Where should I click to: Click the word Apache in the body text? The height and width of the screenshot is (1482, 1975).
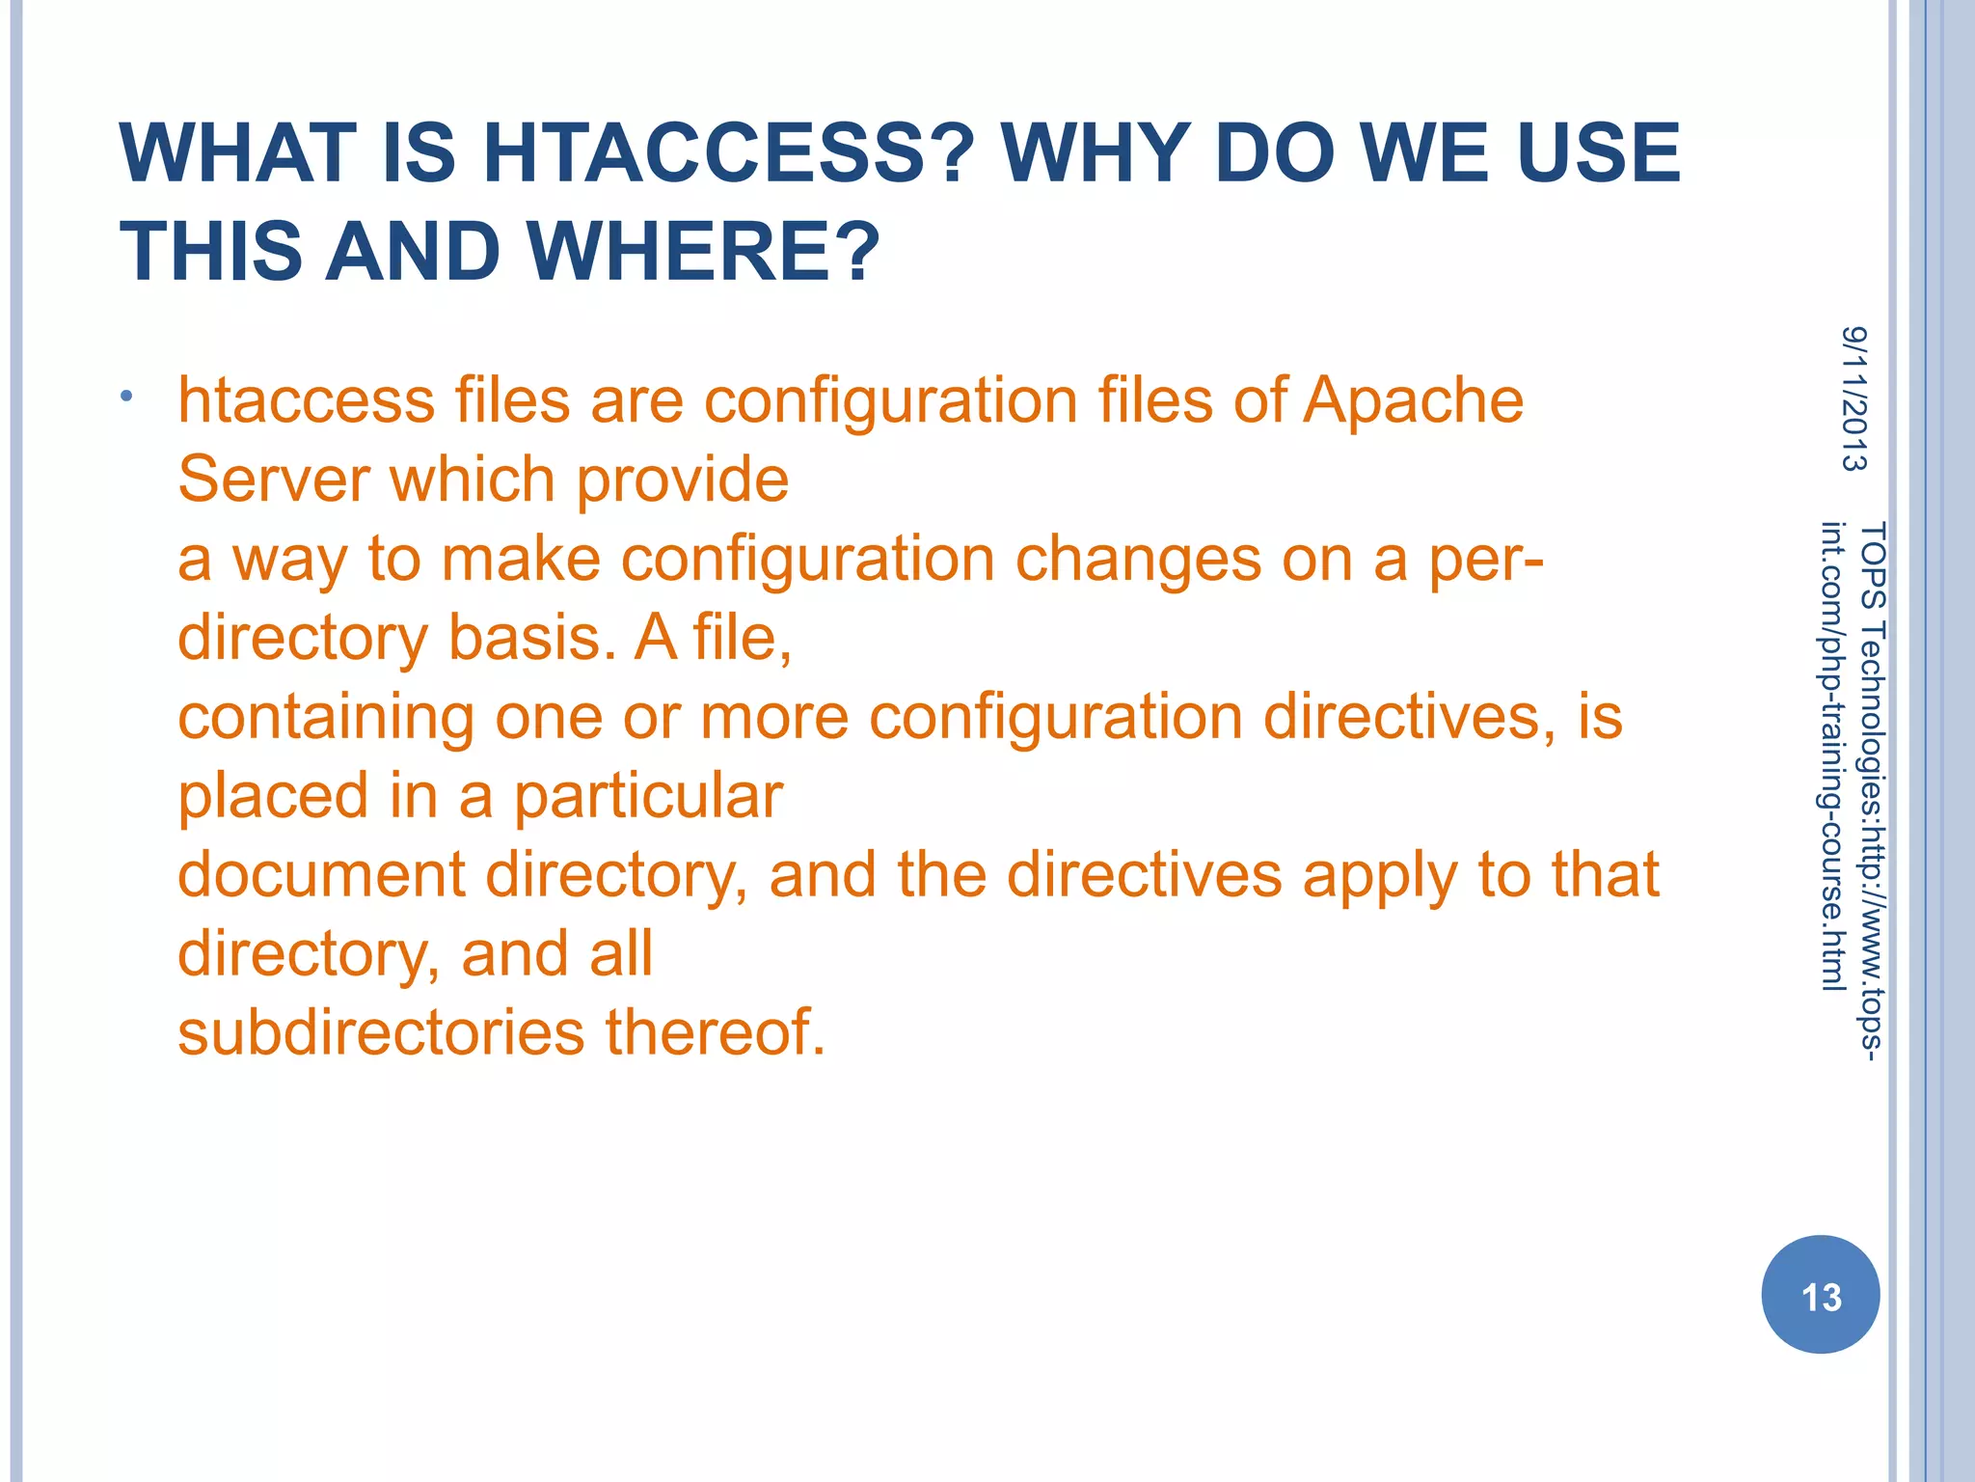point(1413,401)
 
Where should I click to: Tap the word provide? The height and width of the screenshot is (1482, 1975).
point(683,481)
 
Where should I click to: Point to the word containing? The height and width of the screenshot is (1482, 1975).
point(326,718)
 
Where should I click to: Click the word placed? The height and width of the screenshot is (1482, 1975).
point(273,797)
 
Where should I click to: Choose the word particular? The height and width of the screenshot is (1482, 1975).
point(648,797)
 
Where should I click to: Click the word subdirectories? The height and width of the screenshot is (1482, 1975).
point(381,1032)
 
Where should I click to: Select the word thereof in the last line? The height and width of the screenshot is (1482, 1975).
point(715,1032)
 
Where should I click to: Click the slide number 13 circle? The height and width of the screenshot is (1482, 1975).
point(1821,1295)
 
